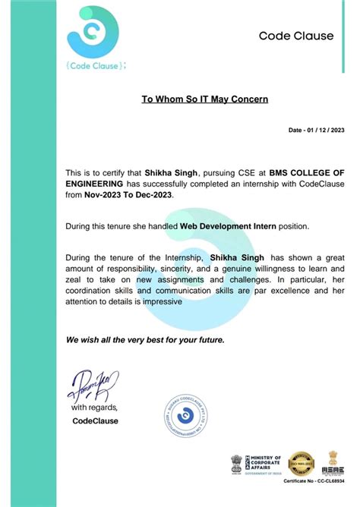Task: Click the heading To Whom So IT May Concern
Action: coord(205,99)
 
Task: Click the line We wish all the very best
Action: coord(144,339)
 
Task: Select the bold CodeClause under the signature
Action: coord(95,420)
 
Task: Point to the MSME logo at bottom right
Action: coord(332,461)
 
